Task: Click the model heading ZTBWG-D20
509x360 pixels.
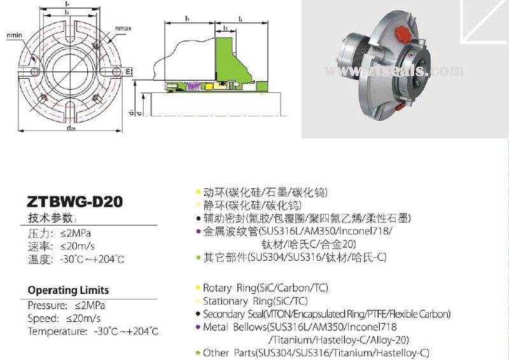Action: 75,202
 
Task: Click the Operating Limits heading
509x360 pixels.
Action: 68,290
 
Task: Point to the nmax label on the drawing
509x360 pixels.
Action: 123,29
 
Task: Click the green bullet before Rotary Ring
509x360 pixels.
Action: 198,288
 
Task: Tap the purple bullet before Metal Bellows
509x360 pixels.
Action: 198,327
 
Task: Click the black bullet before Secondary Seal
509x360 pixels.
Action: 198,314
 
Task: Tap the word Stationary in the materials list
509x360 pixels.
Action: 225,301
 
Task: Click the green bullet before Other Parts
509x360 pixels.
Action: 198,352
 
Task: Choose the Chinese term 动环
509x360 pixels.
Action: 211,192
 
